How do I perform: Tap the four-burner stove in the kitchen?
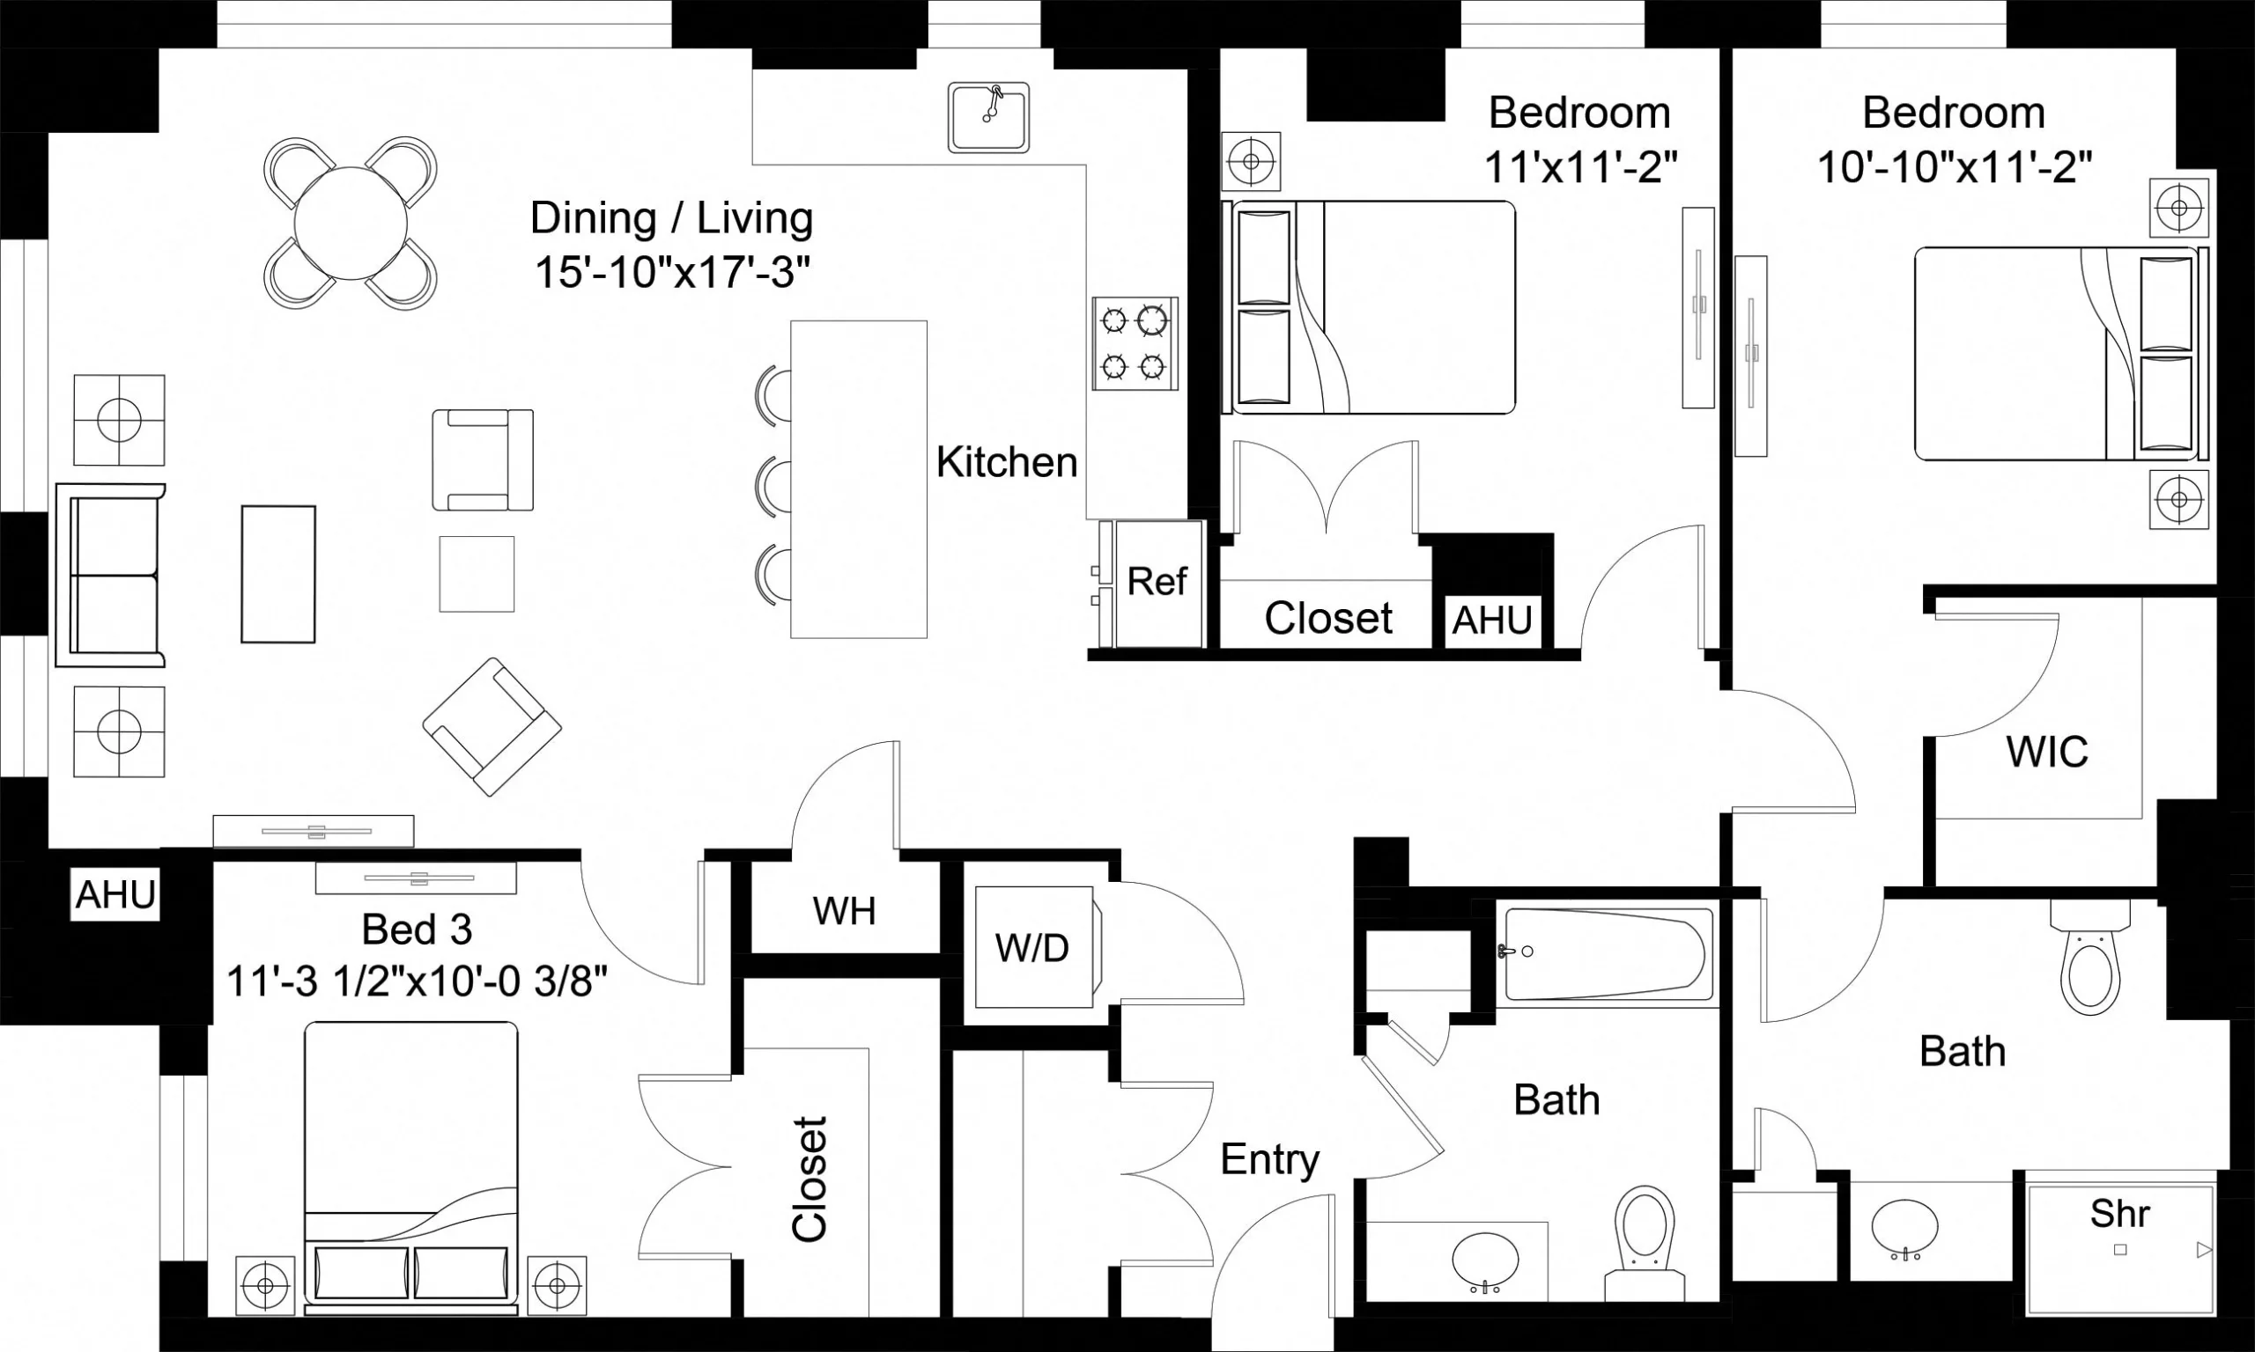[1135, 343]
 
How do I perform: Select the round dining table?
[350, 223]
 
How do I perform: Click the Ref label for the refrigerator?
[1157, 581]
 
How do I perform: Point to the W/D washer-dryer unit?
[1032, 948]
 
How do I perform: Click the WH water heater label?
[844, 911]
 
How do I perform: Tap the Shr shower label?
[2119, 1214]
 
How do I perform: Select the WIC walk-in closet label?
[2046, 752]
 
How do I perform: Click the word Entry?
[1269, 1159]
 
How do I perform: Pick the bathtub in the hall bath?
[1606, 954]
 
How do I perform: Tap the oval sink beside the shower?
[1905, 1228]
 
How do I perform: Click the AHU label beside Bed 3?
[115, 894]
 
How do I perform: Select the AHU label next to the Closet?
[1491, 621]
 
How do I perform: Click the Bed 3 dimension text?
[417, 982]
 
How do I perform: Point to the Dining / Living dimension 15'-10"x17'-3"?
[672, 271]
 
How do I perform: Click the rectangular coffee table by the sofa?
[278, 574]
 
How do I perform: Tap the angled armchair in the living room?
[492, 726]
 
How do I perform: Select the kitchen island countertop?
[859, 479]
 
